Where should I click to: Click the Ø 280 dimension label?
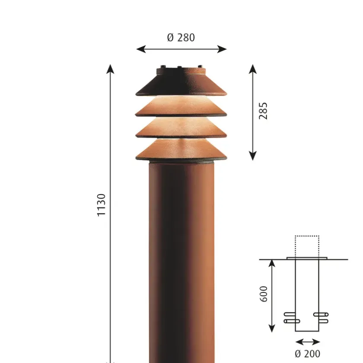pyautogui.click(x=181, y=38)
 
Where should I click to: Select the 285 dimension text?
pyautogui.click(x=263, y=111)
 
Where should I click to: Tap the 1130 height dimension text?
pyautogui.click(x=101, y=205)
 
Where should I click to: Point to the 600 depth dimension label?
pyautogui.click(x=264, y=294)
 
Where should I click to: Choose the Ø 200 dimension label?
pyautogui.click(x=307, y=354)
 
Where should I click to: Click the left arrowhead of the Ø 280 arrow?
pyautogui.click(x=141, y=49)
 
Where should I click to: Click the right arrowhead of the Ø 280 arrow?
pyautogui.click(x=222, y=49)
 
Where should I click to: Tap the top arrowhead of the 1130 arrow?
pyautogui.click(x=110, y=69)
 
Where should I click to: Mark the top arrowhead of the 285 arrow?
pyautogui.click(x=252, y=69)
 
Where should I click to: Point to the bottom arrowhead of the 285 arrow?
pyautogui.click(x=252, y=156)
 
